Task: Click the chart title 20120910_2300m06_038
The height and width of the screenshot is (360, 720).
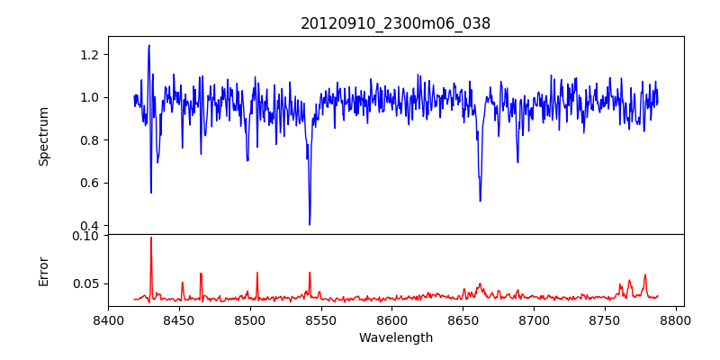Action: (x=395, y=24)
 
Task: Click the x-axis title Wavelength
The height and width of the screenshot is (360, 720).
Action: (x=395, y=338)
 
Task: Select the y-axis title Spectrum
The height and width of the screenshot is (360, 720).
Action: (x=44, y=136)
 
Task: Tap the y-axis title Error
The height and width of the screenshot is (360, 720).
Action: (x=44, y=270)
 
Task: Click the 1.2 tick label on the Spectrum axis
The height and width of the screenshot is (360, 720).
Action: (x=90, y=55)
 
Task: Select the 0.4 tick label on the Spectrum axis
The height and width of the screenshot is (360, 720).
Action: (x=90, y=226)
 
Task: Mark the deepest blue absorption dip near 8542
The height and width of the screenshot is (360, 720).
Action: (x=310, y=224)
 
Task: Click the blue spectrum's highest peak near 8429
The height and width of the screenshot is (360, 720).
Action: (x=149, y=45)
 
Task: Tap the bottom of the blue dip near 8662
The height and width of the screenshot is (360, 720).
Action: (x=480, y=201)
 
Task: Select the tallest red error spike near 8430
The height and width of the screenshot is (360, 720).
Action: (x=151, y=238)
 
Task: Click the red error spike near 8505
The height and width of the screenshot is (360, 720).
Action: (x=257, y=273)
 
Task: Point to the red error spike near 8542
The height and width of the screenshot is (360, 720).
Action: (x=310, y=273)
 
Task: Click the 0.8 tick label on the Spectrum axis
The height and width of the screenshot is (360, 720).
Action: (x=90, y=140)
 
